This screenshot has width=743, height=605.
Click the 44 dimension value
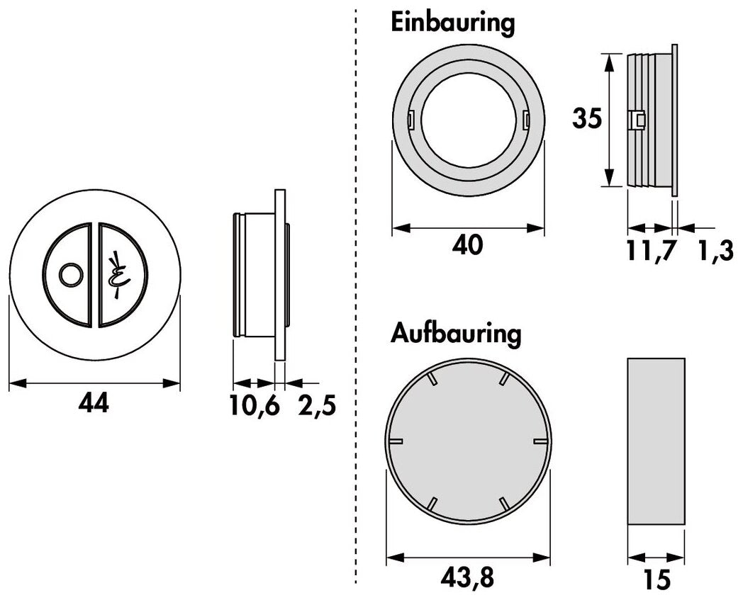(x=94, y=405)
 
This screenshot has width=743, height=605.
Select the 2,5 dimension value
(x=315, y=406)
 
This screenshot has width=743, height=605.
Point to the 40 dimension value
(x=468, y=246)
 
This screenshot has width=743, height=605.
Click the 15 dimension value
(x=658, y=580)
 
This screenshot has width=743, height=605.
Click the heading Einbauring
(x=452, y=23)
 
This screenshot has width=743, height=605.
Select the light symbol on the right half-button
(x=116, y=275)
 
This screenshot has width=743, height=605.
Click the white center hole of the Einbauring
(x=469, y=120)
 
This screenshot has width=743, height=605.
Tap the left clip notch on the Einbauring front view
(x=410, y=120)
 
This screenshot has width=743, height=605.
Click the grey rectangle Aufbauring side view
(x=656, y=441)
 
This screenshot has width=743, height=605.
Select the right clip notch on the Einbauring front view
(x=526, y=120)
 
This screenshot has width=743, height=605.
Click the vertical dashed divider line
(x=355, y=298)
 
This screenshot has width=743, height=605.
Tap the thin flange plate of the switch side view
(x=279, y=276)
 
